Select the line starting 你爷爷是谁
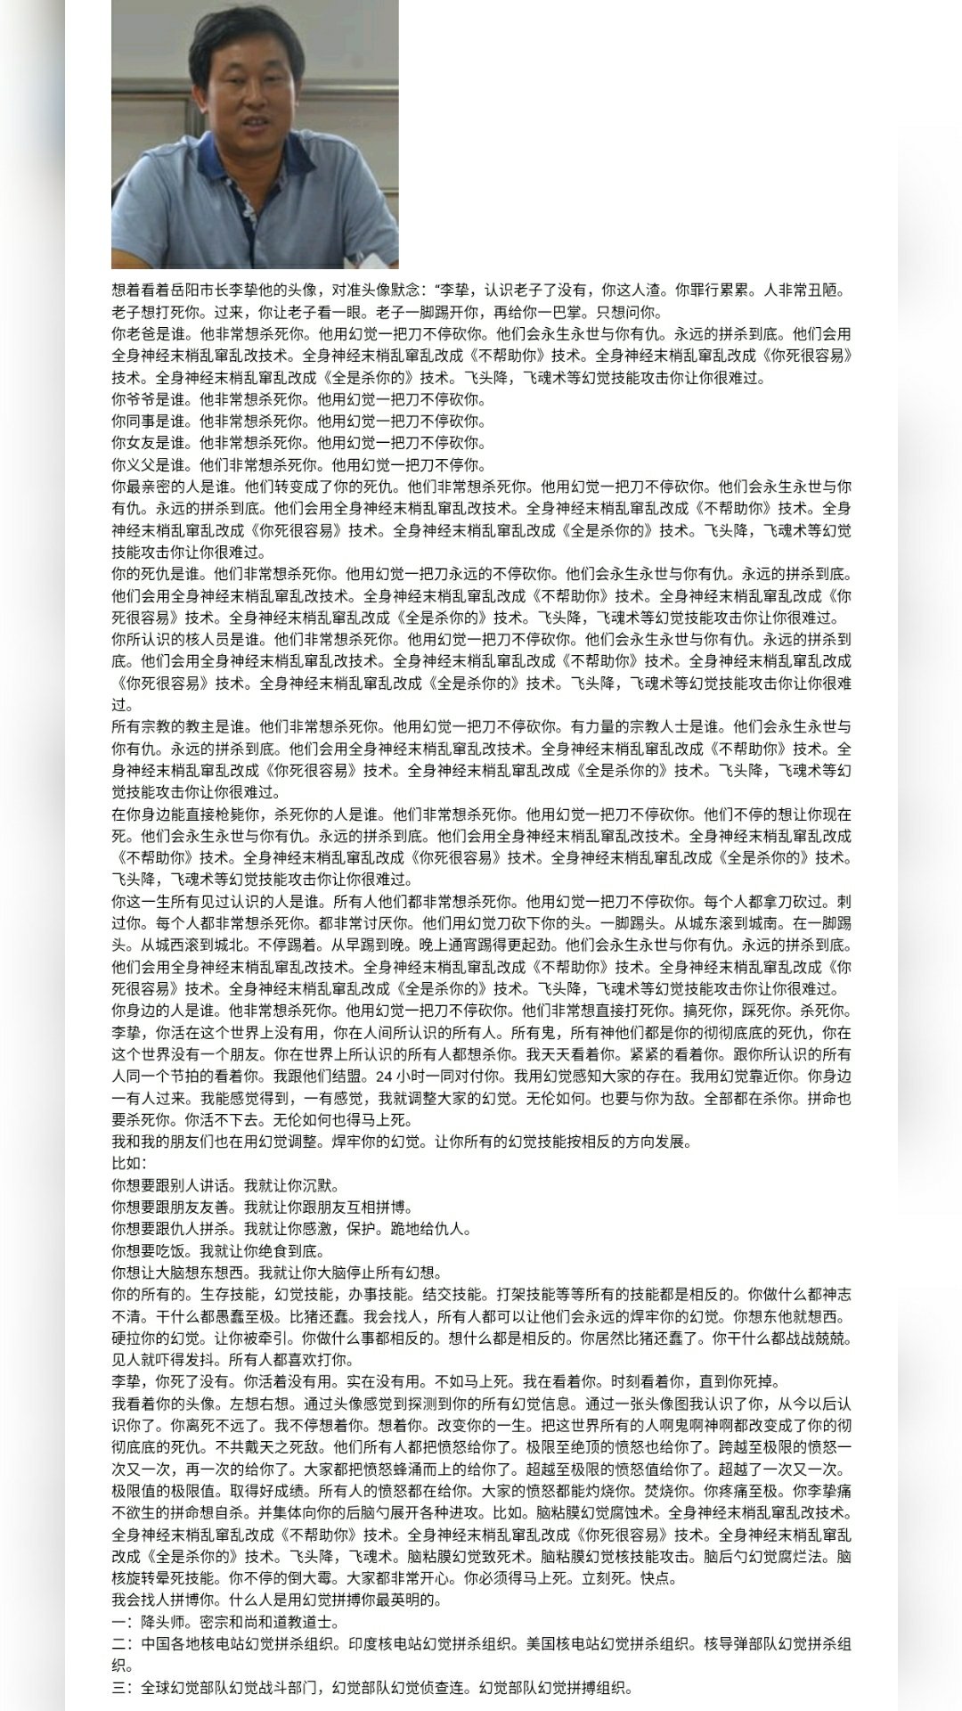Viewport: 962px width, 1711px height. [x=298, y=399]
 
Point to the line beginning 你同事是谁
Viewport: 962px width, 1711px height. [x=298, y=422]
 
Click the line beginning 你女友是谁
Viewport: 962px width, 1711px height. [x=298, y=443]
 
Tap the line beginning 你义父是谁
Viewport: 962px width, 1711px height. [x=298, y=465]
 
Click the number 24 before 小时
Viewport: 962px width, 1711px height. [x=385, y=1076]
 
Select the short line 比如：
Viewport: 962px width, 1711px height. [x=129, y=1164]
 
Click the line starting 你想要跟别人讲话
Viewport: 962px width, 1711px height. [x=225, y=1186]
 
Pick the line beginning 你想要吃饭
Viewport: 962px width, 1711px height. [x=217, y=1251]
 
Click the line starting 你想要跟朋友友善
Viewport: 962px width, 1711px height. [x=263, y=1208]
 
